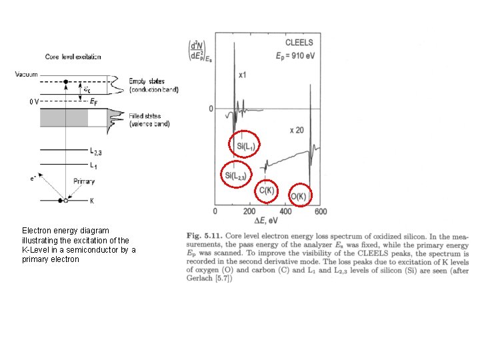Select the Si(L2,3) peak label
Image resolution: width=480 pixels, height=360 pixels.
pos(236,175)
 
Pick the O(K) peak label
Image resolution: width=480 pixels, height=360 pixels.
pos(299,196)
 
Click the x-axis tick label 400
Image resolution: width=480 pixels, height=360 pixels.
pos(285,212)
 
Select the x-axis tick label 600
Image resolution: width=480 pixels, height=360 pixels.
pos(320,212)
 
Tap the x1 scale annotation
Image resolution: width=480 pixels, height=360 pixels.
pos(243,76)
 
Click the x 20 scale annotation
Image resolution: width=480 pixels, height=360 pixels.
pos(296,130)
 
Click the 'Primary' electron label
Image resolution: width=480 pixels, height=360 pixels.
pos(83,181)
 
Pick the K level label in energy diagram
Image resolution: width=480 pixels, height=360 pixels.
pos(93,200)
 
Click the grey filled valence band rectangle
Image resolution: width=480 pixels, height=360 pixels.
pos(64,117)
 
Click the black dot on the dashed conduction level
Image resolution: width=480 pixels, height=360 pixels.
pos(65,82)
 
